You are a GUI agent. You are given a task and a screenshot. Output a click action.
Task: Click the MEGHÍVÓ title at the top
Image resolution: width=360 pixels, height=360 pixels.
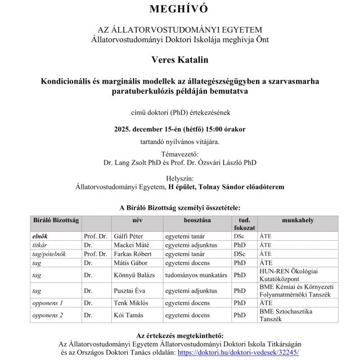[179, 9]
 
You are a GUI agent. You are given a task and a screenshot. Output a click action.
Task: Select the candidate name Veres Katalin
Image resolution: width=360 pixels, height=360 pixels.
[179, 58]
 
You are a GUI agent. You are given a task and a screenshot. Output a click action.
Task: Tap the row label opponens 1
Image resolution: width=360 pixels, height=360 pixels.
[47, 303]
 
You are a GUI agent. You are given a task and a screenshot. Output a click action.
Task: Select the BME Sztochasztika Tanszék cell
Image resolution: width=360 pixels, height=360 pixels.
[293, 315]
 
